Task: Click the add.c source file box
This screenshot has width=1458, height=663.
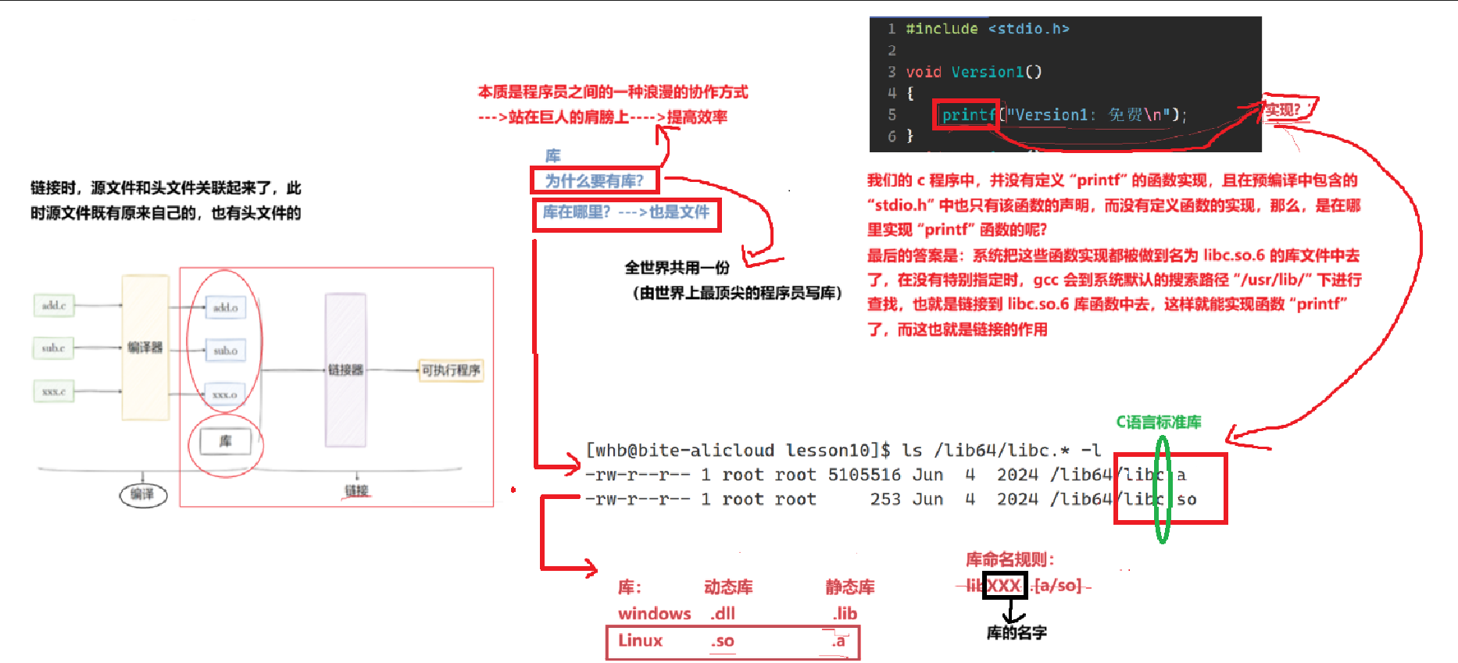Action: [x=54, y=305]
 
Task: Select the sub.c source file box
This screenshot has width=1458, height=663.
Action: [x=53, y=348]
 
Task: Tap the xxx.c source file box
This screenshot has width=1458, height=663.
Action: [x=54, y=391]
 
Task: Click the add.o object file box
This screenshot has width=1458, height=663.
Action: [x=225, y=308]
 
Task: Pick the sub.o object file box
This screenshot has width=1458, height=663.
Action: [x=225, y=351]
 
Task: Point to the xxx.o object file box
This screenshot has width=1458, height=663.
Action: [x=225, y=394]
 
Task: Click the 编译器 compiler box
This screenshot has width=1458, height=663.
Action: [x=145, y=348]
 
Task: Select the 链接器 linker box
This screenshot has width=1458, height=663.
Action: [x=345, y=369]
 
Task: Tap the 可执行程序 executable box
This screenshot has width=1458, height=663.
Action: [x=451, y=370]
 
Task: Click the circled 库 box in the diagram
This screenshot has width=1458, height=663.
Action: [x=225, y=442]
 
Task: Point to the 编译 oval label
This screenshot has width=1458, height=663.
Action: [x=142, y=494]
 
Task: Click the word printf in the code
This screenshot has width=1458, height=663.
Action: [x=967, y=116]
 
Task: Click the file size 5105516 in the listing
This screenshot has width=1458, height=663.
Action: [x=863, y=475]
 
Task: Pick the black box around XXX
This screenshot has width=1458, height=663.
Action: [x=1004, y=586]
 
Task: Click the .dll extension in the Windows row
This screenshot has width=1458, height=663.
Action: [x=723, y=614]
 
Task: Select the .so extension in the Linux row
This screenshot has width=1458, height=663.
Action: [x=723, y=641]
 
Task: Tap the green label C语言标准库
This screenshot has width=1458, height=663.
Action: [x=1158, y=422]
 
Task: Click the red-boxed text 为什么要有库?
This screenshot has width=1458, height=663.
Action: [x=595, y=181]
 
